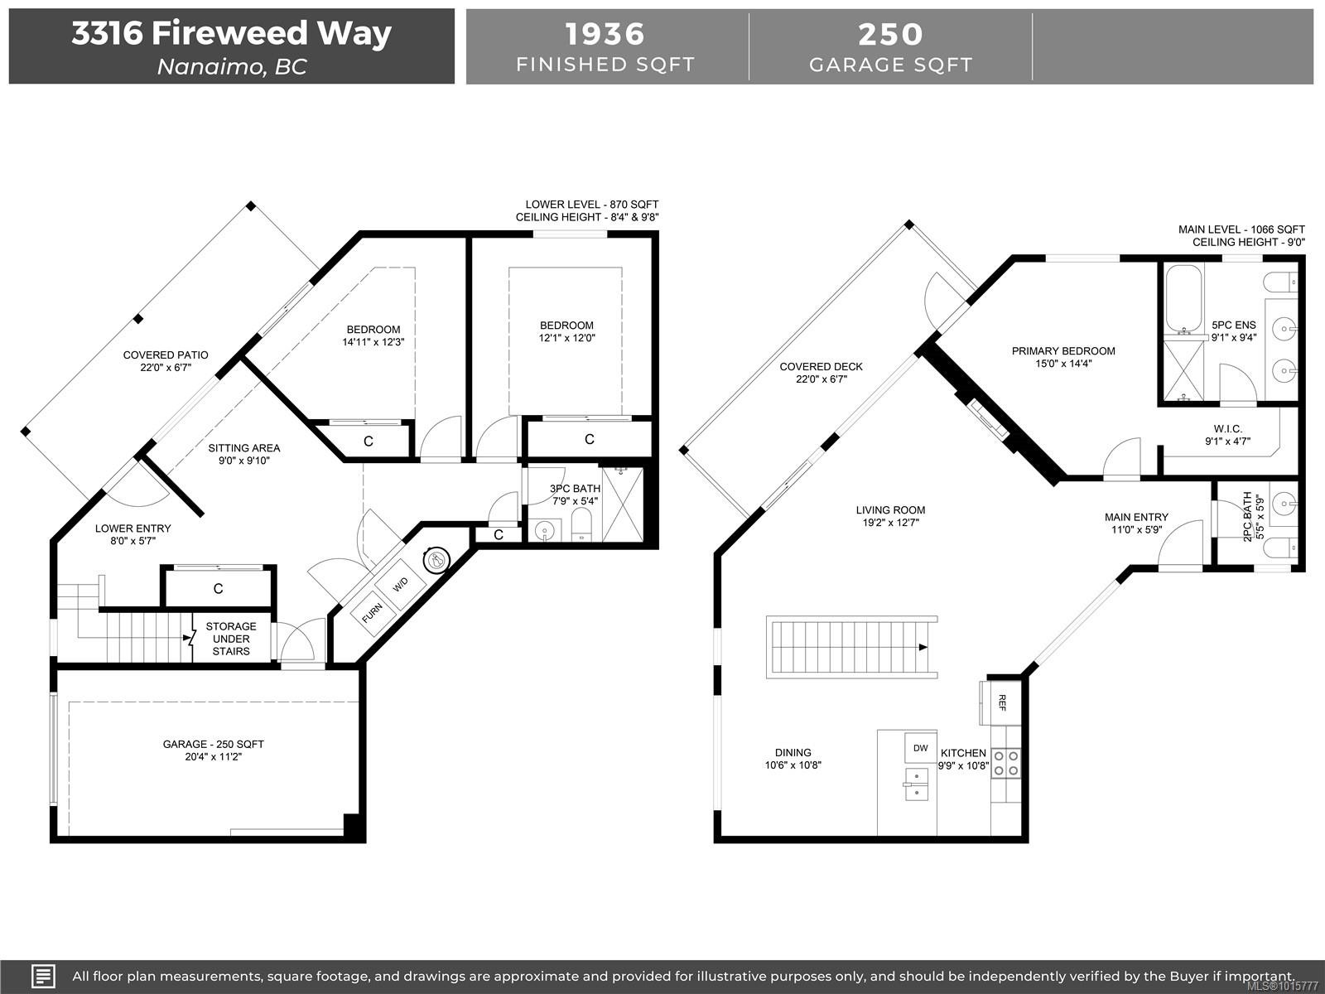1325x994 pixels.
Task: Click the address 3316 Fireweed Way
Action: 231,33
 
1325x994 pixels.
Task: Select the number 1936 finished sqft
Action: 605,34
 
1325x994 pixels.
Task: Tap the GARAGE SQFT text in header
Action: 890,65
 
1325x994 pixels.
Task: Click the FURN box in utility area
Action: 372,613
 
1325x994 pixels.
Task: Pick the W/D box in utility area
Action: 401,585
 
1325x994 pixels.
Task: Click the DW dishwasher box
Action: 920,748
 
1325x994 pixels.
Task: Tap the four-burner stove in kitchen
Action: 1005,763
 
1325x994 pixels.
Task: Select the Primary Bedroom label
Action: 1063,351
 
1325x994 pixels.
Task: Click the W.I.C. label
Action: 1227,429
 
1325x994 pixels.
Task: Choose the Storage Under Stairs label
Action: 231,639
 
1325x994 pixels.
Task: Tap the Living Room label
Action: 890,510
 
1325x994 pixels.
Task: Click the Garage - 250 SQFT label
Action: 214,744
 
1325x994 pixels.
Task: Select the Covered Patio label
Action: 166,355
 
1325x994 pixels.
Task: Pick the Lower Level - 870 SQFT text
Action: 591,205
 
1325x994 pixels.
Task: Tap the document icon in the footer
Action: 43,976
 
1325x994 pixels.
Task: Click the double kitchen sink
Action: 916,784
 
